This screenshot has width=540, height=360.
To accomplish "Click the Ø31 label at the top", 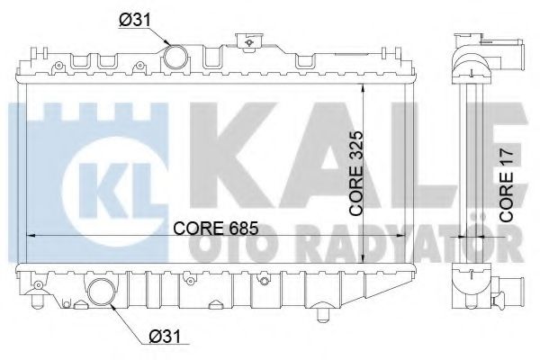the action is pos(135,21).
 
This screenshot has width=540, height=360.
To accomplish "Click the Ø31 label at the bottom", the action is pos(165,336).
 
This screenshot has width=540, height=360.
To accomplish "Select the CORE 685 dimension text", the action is pos(216,228).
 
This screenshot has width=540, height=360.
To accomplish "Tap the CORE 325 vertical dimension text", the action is pos(355,174).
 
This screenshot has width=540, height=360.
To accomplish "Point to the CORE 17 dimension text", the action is pos(506,185).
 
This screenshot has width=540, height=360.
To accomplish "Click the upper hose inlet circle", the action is pos(175,57).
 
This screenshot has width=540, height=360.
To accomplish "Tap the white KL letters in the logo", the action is pos(114,191).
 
